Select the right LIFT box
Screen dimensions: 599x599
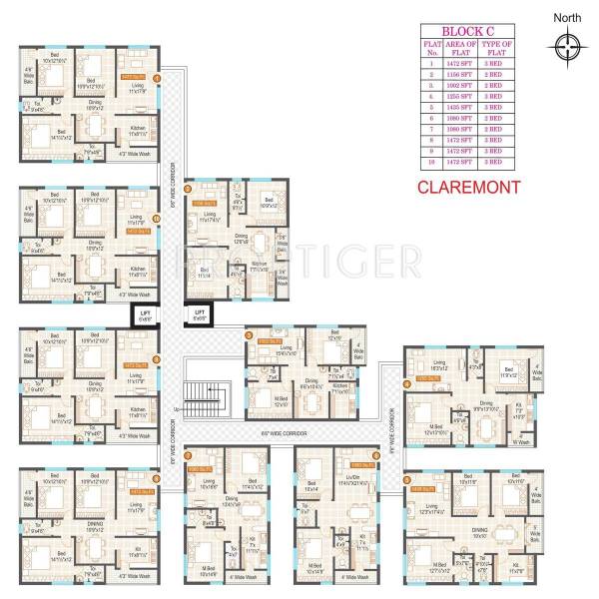pos(199,315)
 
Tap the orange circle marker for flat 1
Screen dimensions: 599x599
pos(157,77)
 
